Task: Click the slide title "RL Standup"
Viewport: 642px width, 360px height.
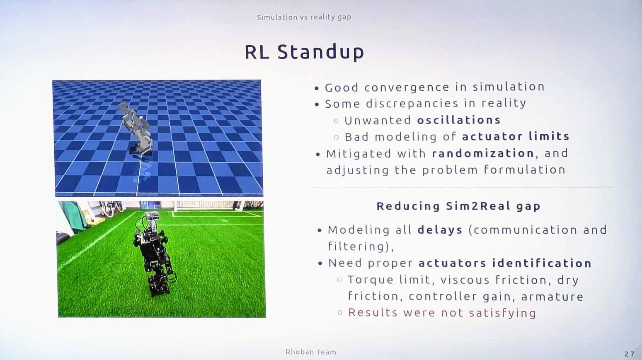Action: click(x=304, y=53)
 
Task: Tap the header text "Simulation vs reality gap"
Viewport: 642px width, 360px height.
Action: click(x=304, y=17)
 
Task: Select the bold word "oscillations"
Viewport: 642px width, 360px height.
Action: click(x=459, y=120)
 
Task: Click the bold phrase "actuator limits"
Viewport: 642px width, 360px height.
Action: click(x=516, y=136)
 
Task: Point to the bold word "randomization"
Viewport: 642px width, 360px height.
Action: click(x=483, y=153)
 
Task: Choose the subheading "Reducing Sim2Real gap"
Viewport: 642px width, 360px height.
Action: click(x=458, y=206)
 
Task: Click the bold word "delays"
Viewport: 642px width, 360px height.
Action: click(x=440, y=230)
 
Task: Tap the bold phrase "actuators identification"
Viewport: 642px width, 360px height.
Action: click(x=505, y=263)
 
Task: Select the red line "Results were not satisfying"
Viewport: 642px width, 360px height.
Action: click(x=442, y=313)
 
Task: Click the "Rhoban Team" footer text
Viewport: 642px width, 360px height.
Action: click(x=311, y=352)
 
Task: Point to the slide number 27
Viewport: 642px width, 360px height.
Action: click(x=630, y=354)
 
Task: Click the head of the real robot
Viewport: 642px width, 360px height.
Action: click(x=151, y=216)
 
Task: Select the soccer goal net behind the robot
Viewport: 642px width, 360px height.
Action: click(x=205, y=205)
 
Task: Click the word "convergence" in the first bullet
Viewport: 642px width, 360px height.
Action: click(x=407, y=87)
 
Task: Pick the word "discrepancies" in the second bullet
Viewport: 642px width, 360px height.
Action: click(x=412, y=104)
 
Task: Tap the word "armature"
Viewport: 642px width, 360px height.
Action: click(x=552, y=297)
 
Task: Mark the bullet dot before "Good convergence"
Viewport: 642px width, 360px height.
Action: click(x=316, y=89)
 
